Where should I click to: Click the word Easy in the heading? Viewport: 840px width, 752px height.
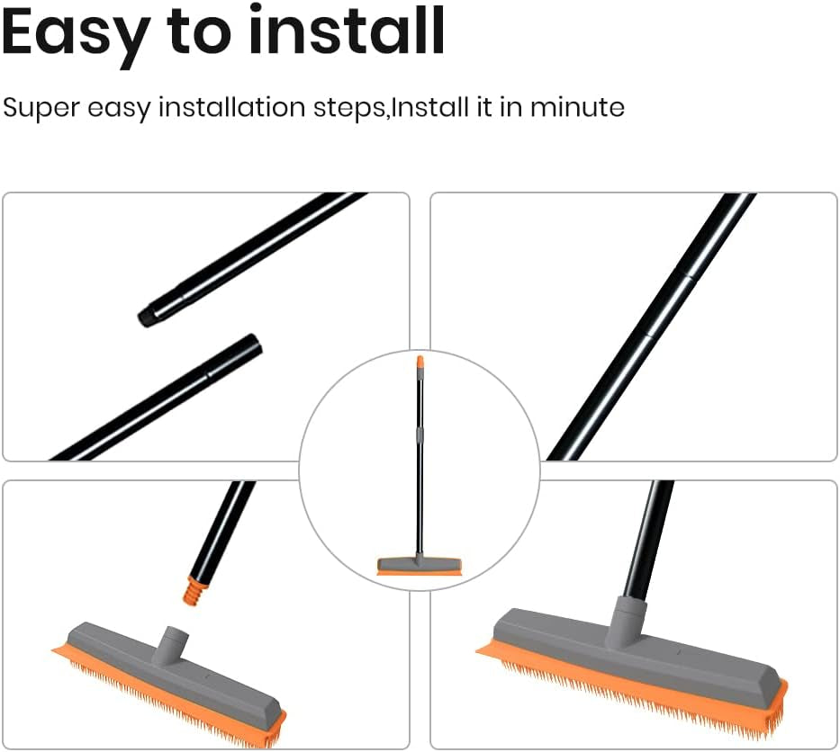coord(74,33)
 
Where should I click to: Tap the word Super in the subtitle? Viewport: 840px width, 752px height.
coord(41,108)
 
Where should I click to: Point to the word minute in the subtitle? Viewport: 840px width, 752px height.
coord(577,108)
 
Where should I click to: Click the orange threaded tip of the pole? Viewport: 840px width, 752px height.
coord(192,589)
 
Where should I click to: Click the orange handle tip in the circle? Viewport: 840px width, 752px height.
coord(420,363)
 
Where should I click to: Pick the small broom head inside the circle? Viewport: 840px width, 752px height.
coord(419,566)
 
